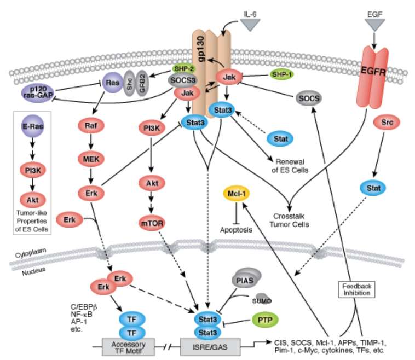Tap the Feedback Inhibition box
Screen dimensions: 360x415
pyautogui.click(x=357, y=289)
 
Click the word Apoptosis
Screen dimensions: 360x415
pyautogui.click(x=237, y=230)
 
